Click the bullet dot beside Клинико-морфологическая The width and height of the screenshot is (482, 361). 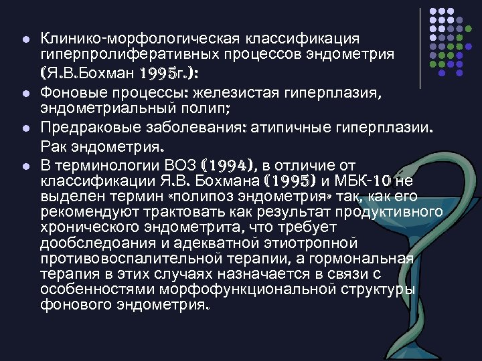click(x=25, y=39)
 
